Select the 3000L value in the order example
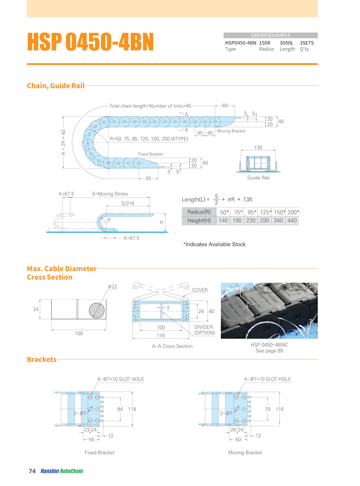click(287, 43)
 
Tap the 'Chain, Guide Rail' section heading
click(56, 86)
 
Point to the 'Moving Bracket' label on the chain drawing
click(231, 131)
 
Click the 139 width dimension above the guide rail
click(258, 148)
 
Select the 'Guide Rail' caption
click(258, 178)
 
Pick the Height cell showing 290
click(264, 221)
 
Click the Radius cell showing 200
click(292, 212)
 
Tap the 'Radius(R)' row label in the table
click(199, 212)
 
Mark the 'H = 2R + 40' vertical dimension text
click(63, 143)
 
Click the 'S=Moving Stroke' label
click(110, 194)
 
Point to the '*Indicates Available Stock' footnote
click(214, 244)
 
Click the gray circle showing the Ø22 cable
click(97, 310)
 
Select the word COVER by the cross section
click(200, 290)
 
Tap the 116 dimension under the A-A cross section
click(161, 335)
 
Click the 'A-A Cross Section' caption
click(172, 346)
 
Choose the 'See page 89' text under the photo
click(269, 351)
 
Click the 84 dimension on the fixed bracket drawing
click(120, 409)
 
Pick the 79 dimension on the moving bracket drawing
click(268, 409)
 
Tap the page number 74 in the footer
click(32, 471)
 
